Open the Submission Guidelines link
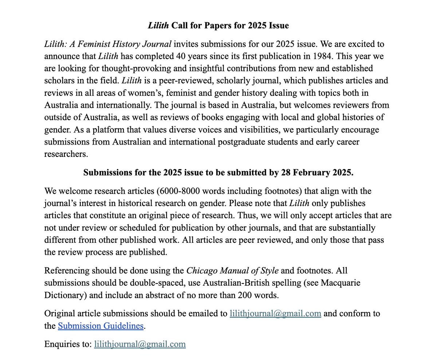point(101,326)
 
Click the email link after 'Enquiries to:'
point(140,344)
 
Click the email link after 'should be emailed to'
point(275,313)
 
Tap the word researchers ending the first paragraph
point(66,154)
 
